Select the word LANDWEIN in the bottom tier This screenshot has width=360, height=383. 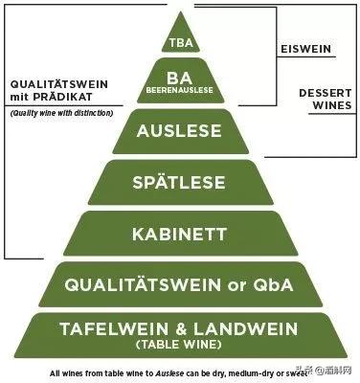pyautogui.click(x=250, y=328)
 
